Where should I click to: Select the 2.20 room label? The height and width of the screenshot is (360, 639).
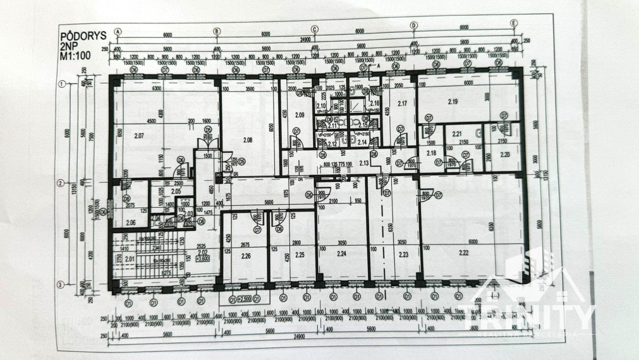pos(504,153)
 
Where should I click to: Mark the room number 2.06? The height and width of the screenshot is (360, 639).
pos(130,222)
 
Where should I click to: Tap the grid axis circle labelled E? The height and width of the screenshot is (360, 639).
pos(514,24)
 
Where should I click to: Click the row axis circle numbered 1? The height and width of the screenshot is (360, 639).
pos(63,84)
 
